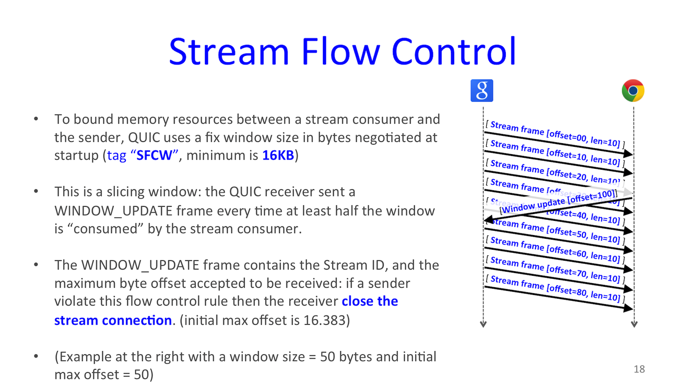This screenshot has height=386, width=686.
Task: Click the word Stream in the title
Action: click(x=229, y=52)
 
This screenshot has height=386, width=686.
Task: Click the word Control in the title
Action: click(x=454, y=52)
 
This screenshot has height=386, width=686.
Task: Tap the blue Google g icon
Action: click(x=482, y=91)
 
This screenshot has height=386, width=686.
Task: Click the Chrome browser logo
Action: click(x=633, y=91)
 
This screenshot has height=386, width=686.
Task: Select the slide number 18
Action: click(x=639, y=369)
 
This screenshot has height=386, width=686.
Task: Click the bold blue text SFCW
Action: click(x=154, y=155)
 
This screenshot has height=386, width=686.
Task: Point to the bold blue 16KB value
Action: click(x=278, y=155)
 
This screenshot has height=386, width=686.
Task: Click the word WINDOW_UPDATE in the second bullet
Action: click(x=113, y=211)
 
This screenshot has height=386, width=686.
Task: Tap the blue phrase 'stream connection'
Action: click(x=113, y=320)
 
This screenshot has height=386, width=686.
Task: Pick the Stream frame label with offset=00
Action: click(x=555, y=134)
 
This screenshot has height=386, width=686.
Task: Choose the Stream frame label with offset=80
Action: click(x=555, y=288)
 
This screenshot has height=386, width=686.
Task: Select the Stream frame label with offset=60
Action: click(x=555, y=249)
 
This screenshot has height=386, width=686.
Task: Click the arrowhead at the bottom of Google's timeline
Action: click(x=483, y=324)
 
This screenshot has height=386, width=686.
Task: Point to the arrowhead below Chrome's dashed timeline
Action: click(x=634, y=324)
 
